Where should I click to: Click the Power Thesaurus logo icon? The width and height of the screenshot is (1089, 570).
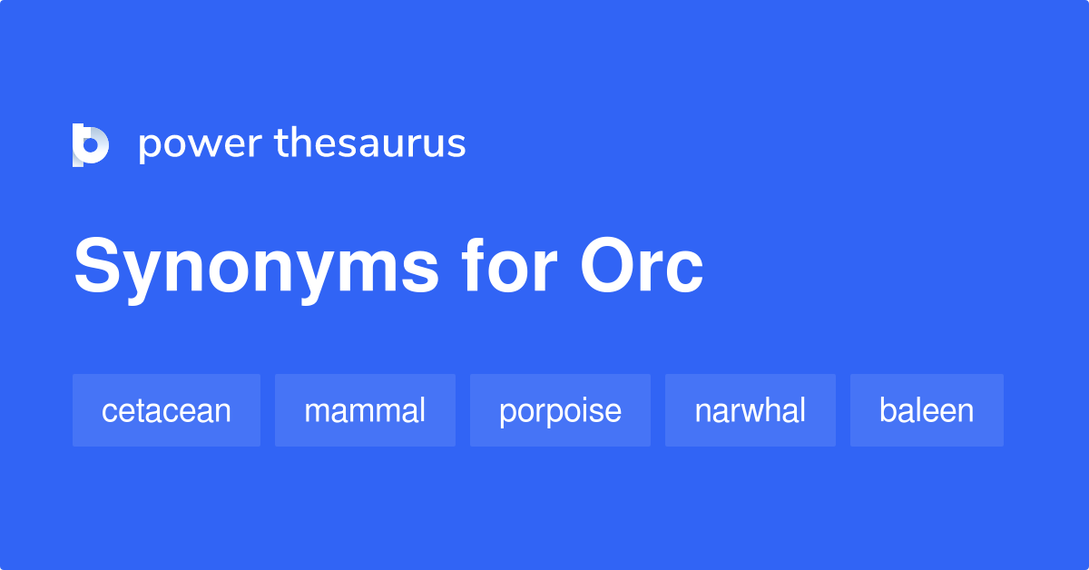[x=91, y=145]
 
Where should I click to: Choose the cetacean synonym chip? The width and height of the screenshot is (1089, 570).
[x=166, y=410]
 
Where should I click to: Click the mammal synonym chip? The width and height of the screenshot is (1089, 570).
[x=365, y=410]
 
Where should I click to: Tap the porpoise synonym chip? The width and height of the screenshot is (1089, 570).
[x=560, y=410]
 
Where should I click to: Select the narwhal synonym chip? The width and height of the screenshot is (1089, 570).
[x=750, y=410]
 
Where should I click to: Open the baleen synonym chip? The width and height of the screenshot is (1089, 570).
[x=927, y=410]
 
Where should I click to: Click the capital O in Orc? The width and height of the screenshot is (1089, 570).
[x=612, y=267]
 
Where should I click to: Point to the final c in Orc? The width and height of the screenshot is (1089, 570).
[x=686, y=272]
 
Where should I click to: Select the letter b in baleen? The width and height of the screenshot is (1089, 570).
[x=888, y=410]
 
